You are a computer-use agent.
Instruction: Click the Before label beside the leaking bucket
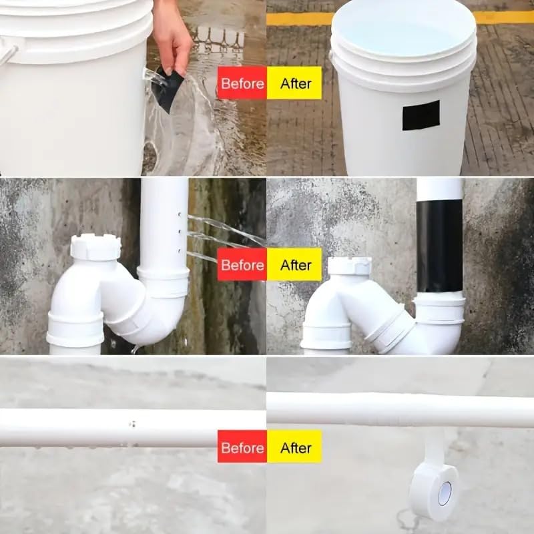pos(242,83)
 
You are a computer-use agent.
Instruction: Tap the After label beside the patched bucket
pos(294,83)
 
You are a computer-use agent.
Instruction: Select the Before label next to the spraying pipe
pos(242,265)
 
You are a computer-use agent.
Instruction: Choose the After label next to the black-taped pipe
pos(294,265)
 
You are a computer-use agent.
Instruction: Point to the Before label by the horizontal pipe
pos(242,447)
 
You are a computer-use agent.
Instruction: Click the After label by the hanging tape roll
pos(294,447)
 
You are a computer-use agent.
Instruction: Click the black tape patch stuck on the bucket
pos(421,115)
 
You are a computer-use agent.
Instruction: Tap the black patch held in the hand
pos(168,89)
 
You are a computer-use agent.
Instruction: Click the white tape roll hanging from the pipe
pos(434,491)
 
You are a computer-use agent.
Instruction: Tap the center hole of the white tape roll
pos(445,493)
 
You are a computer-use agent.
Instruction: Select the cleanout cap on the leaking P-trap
pos(95,246)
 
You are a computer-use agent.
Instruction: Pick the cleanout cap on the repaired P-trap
pos(349,265)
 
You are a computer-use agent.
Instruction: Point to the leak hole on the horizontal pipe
pos(131,424)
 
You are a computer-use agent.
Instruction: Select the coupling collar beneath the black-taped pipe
pos(439,310)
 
